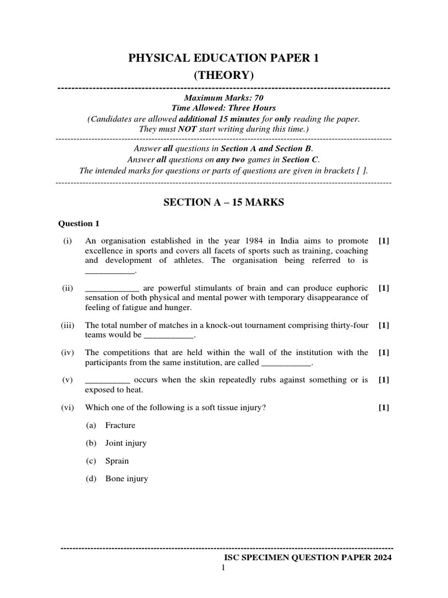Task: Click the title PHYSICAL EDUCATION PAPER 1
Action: tap(224, 57)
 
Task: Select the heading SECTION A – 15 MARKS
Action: tap(223, 202)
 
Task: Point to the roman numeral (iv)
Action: tap(68, 352)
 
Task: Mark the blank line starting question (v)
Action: tap(107, 380)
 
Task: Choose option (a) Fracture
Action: tap(120, 425)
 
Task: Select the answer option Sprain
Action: tap(117, 461)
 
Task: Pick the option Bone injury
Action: tap(126, 479)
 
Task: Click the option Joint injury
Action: tap(125, 443)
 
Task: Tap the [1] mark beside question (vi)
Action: tap(383, 408)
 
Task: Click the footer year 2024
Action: tap(380, 558)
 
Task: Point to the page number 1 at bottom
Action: tap(223, 568)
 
